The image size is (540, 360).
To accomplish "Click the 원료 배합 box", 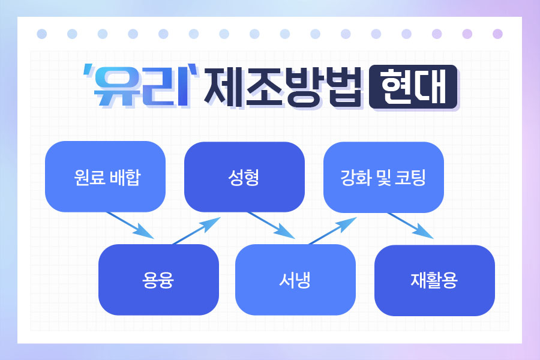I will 105,176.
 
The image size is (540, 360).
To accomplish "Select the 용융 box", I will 158,280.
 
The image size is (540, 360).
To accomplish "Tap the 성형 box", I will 244,177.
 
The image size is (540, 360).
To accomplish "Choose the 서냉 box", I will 295,280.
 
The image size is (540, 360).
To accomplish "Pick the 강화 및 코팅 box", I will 383,177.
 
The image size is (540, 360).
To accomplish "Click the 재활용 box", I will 434,280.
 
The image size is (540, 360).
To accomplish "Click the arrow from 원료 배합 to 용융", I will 130,225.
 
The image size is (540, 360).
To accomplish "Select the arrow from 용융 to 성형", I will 197,231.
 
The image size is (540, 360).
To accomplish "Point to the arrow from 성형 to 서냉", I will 271,225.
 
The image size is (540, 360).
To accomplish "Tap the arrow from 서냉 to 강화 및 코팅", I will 332,231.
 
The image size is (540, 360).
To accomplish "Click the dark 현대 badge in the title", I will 413,87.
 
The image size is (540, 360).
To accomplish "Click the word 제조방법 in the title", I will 283,88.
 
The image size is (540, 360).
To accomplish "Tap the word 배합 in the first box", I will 125,177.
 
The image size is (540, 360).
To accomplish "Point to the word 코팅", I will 410,178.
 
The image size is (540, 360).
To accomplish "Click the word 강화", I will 353,178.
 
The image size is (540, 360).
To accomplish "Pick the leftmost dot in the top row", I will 41,34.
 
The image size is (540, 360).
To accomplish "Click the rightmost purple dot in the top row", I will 497,34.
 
